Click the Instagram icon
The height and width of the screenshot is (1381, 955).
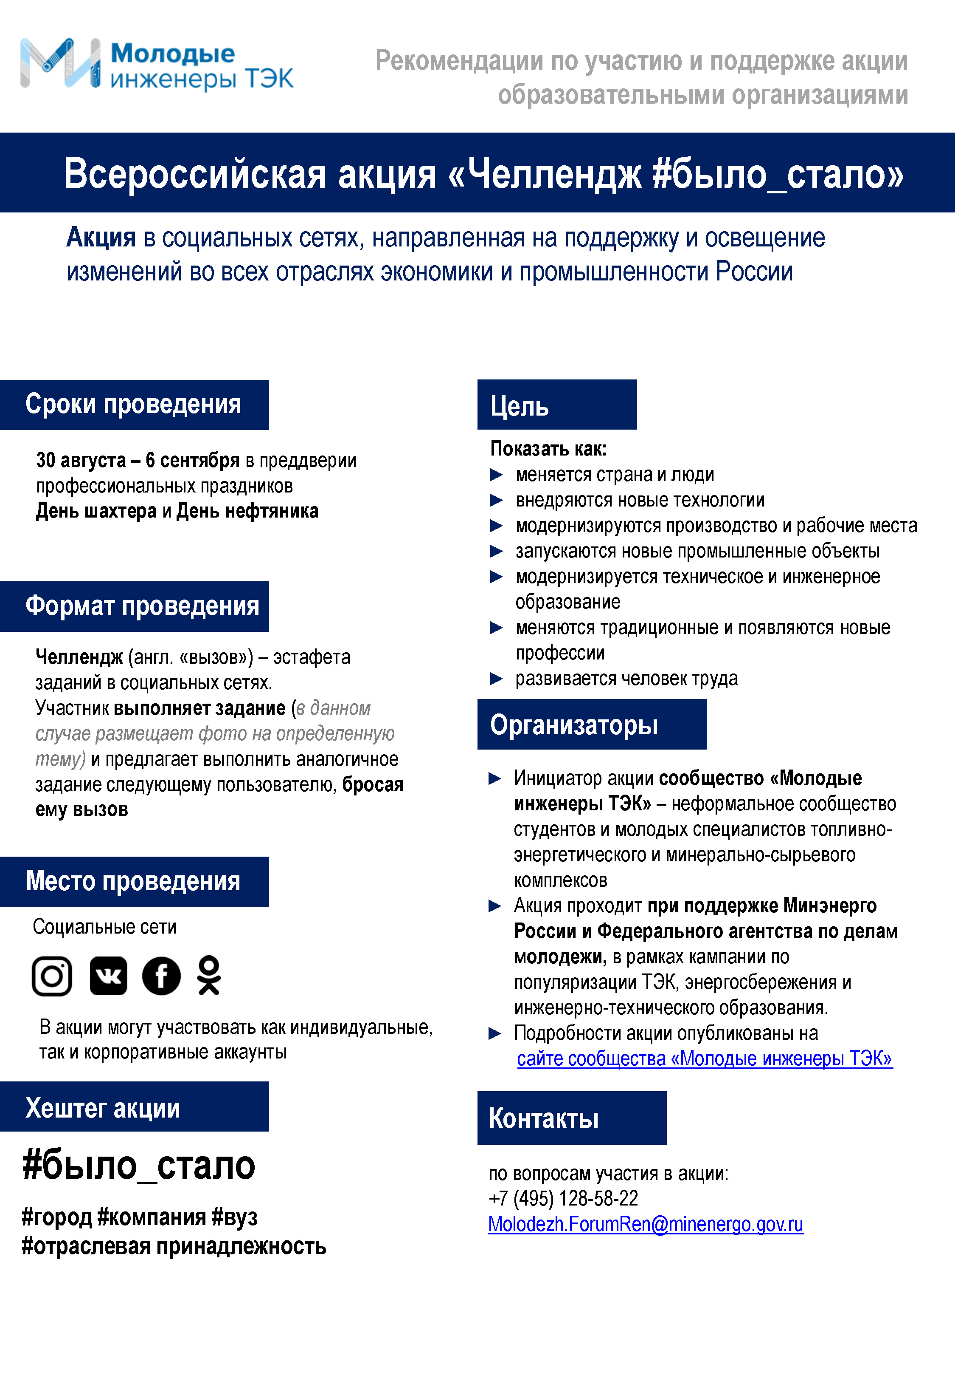[x=52, y=976]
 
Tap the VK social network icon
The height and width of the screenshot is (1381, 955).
[x=108, y=976]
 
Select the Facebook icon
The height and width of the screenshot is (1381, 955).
[x=161, y=976]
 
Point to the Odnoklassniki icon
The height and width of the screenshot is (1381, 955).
[x=209, y=976]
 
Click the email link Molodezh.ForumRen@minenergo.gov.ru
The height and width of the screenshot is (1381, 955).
[x=645, y=1224]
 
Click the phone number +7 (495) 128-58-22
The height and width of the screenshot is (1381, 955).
[x=563, y=1198]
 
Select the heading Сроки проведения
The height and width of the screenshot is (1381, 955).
[x=133, y=404]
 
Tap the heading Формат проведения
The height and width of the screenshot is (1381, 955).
[x=142, y=606]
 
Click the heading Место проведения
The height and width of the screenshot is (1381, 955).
[x=133, y=881]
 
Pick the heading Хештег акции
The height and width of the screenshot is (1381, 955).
[x=102, y=1107]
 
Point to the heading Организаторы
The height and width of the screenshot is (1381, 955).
[x=573, y=724]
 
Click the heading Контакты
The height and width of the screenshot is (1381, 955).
[x=543, y=1118]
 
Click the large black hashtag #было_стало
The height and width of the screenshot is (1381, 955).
[x=138, y=1166]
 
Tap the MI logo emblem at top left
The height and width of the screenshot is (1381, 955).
[x=60, y=63]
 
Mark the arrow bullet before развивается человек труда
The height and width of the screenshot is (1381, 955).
[x=496, y=679]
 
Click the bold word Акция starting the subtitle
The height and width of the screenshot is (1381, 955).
[x=101, y=238]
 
